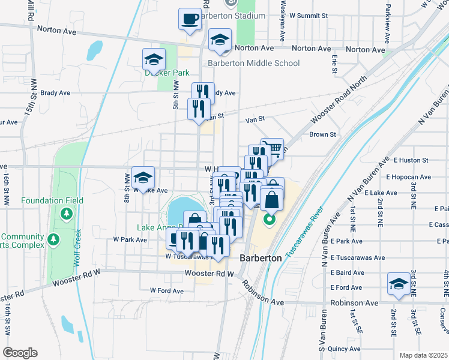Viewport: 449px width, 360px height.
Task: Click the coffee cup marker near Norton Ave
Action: [x=190, y=19]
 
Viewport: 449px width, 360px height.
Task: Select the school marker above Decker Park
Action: [x=154, y=60]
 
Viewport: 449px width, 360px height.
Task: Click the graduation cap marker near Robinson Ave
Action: [x=399, y=284]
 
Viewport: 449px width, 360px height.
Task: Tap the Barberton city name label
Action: [x=261, y=257]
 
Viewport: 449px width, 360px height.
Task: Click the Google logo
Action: [x=20, y=353]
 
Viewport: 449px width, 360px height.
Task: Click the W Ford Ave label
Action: [x=166, y=290]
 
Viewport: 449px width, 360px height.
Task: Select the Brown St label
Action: [x=322, y=134]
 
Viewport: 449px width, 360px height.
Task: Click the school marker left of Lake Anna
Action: [x=143, y=178]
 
